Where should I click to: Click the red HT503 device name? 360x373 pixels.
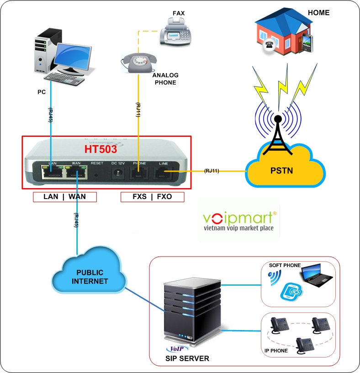[x=101, y=149]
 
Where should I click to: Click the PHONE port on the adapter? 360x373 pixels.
[x=139, y=174]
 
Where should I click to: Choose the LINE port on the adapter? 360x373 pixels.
[x=164, y=173]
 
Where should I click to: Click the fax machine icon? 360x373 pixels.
[x=175, y=32]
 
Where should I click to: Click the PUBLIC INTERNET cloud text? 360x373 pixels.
[x=90, y=277]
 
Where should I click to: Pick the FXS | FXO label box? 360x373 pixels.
[x=152, y=197]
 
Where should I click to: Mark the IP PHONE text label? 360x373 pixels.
[x=276, y=351]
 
